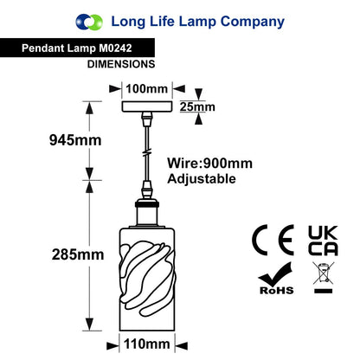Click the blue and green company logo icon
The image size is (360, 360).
tap(89, 22)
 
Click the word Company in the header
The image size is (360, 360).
tap(253, 22)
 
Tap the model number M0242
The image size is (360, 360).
tap(115, 48)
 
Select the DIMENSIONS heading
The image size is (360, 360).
tap(121, 64)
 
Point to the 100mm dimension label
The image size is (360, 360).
tap(147, 88)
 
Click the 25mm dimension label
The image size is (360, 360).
tap(197, 106)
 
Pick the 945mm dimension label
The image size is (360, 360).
tap(75, 140)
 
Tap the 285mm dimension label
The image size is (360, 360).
tap(78, 254)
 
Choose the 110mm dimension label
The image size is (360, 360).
tap(147, 344)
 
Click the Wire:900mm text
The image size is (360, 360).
tap(210, 164)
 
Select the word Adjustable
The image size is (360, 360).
tap(202, 179)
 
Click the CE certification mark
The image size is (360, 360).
tap(273, 240)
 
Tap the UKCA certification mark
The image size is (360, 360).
tap(323, 241)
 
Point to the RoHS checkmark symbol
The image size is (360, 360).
tap(276, 278)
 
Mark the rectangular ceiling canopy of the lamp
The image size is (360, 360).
tap(147, 106)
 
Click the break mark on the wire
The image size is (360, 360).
tap(147, 152)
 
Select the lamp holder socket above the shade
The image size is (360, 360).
tap(147, 213)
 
